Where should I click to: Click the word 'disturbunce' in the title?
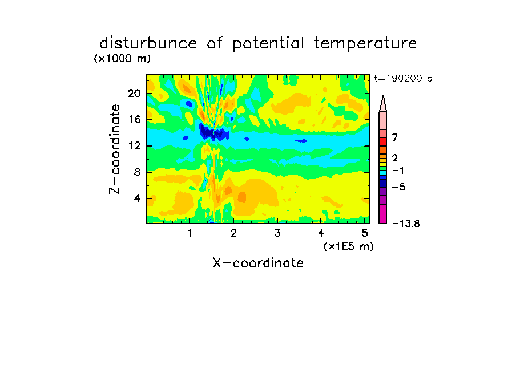(148, 43)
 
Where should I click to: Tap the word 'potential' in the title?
(268, 44)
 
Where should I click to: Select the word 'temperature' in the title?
(365, 44)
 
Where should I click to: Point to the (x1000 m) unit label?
(122, 59)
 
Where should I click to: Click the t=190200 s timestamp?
(403, 79)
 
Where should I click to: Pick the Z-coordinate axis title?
(115, 149)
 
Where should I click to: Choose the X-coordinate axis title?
(258, 263)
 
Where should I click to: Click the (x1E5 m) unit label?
(349, 246)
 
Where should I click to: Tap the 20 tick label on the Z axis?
(134, 94)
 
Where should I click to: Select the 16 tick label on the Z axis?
(134, 120)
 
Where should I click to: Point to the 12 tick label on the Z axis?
(134, 145)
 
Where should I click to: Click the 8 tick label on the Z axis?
(137, 172)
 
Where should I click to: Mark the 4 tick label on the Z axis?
(137, 198)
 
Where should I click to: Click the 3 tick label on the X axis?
(277, 233)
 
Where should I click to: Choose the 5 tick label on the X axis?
(365, 233)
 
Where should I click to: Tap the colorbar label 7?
(395, 137)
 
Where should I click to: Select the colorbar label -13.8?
(406, 224)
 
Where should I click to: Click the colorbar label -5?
(398, 187)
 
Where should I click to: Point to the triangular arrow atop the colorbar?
(383, 104)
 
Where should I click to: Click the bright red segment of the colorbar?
(383, 142)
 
